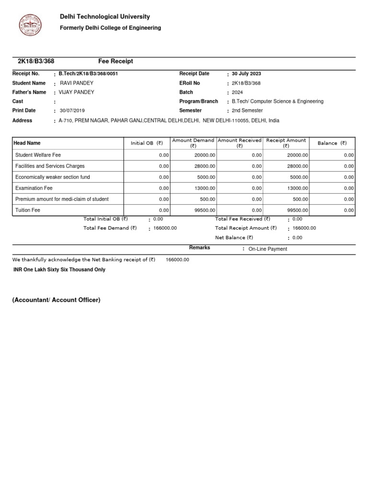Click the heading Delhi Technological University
104,17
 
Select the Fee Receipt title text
115,61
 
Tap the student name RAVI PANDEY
77,83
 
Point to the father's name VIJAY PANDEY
77,92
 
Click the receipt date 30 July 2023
246,74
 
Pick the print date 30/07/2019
72,111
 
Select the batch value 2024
238,92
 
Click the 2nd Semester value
247,111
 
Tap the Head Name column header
27,143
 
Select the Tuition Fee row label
28,210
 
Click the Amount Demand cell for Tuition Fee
204,210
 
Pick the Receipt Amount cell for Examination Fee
298,188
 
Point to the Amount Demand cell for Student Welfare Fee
204,155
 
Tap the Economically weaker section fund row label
53,177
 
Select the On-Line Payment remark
268,249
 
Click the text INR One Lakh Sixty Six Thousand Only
59,269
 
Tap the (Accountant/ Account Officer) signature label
56,300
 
